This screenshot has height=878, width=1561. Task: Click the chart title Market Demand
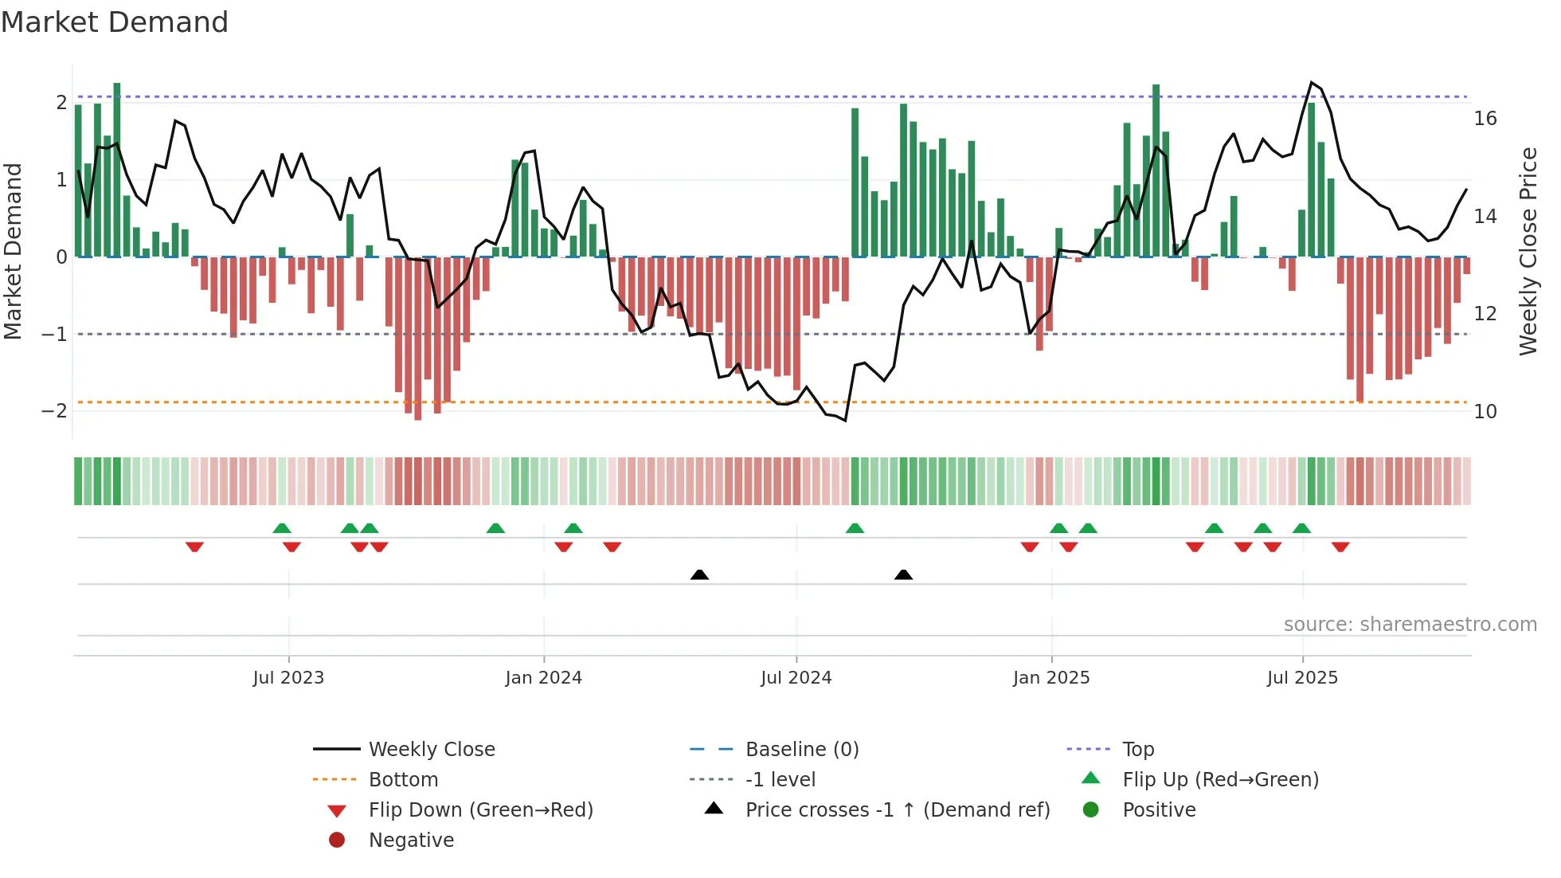pyautogui.click(x=115, y=22)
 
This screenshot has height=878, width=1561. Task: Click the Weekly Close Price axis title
pyautogui.click(x=1528, y=251)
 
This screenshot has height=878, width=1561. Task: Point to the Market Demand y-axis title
pyautogui.click(x=13, y=251)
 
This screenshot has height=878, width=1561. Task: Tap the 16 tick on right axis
pyautogui.click(x=1485, y=119)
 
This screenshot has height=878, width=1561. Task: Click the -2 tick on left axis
pyautogui.click(x=54, y=411)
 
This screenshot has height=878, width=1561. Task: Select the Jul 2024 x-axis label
pyautogui.click(x=796, y=678)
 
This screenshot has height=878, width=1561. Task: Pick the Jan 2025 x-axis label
pyautogui.click(x=1050, y=678)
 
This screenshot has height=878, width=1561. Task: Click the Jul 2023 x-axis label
pyautogui.click(x=288, y=678)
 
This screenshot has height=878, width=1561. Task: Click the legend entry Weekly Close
pyautogui.click(x=431, y=749)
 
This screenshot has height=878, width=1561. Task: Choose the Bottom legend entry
pyautogui.click(x=403, y=779)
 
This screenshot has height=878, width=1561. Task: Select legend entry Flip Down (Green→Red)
pyautogui.click(x=480, y=809)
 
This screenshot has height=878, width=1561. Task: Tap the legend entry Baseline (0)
pyautogui.click(x=801, y=749)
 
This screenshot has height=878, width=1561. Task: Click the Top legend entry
pyautogui.click(x=1137, y=749)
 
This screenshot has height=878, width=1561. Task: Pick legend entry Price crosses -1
pyautogui.click(x=897, y=809)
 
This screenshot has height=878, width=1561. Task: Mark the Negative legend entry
pyautogui.click(x=411, y=840)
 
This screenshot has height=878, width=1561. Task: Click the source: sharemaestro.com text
pyautogui.click(x=1410, y=624)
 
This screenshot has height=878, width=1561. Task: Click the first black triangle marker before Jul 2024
pyautogui.click(x=699, y=574)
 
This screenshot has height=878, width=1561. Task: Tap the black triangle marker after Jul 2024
pyautogui.click(x=903, y=574)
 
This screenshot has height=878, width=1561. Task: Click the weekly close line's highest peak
pyautogui.click(x=1311, y=82)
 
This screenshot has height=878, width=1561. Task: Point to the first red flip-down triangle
pyautogui.click(x=194, y=547)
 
